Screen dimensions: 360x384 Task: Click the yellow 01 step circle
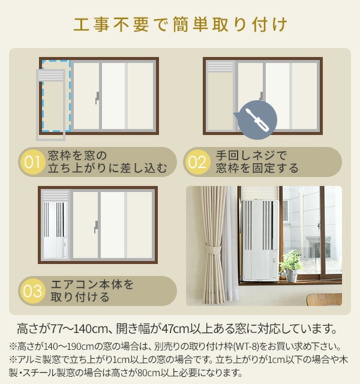tap(32, 162)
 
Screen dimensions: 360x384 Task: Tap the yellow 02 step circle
tap(197, 162)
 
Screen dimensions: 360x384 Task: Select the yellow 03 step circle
tap(32, 291)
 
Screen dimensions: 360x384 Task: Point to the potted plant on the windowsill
tap(291, 265)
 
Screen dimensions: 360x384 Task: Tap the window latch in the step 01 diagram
tap(97, 98)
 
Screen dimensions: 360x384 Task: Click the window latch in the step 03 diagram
tap(96, 227)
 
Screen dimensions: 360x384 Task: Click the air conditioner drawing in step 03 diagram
tap(55, 230)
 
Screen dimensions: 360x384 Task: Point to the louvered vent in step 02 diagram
tap(220, 67)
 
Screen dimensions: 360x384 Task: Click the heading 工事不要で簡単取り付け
tap(180, 25)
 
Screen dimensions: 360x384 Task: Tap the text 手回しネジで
tap(251, 155)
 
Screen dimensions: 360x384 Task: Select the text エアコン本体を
tap(92, 284)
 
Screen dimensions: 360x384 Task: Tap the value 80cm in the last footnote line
tap(148, 373)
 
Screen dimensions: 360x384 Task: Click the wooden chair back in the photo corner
tap(324, 299)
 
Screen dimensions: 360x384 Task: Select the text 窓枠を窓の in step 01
tap(77, 155)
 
